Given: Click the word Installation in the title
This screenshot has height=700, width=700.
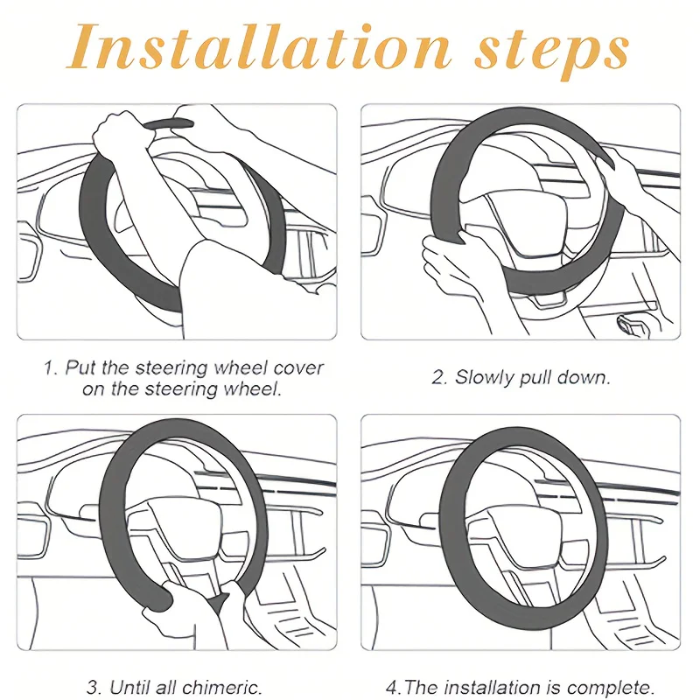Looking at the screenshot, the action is coord(258,47).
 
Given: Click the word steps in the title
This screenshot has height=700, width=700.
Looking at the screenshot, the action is coord(551,52).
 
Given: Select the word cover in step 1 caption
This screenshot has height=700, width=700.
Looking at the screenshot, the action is coord(298,368).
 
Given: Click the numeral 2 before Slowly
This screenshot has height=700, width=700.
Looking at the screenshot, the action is coord(439,378).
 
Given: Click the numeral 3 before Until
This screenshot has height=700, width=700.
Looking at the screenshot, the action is coord(94,688).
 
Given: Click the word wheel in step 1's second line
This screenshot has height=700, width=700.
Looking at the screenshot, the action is coord(250,388).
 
